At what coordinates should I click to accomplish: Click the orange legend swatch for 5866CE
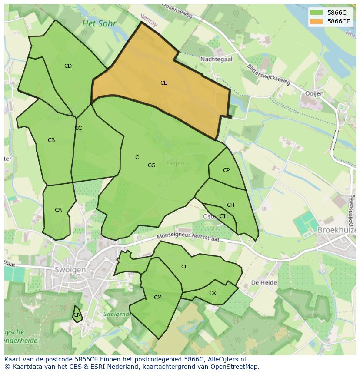point(316,21)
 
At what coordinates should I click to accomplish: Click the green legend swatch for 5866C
point(316,13)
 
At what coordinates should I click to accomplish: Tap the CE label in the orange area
point(163,83)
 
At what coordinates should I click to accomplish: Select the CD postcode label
point(68,66)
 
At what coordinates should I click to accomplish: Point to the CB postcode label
point(51,140)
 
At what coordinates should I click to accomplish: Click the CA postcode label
point(58,210)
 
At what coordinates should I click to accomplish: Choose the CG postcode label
point(151,165)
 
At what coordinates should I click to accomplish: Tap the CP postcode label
point(226,170)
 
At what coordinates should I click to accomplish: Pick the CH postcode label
point(230,205)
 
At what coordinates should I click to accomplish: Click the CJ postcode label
point(222,216)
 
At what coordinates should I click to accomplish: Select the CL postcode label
point(184,267)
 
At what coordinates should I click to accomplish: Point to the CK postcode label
point(213,293)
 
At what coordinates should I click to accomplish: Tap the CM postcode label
point(158,298)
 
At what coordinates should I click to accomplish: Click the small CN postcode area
point(77,315)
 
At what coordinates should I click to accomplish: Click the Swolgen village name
point(70,270)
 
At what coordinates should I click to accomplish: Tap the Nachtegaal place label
point(216,59)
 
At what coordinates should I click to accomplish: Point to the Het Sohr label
point(99,23)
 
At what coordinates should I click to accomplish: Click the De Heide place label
point(264,282)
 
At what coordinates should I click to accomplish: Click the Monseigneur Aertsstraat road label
point(188,237)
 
